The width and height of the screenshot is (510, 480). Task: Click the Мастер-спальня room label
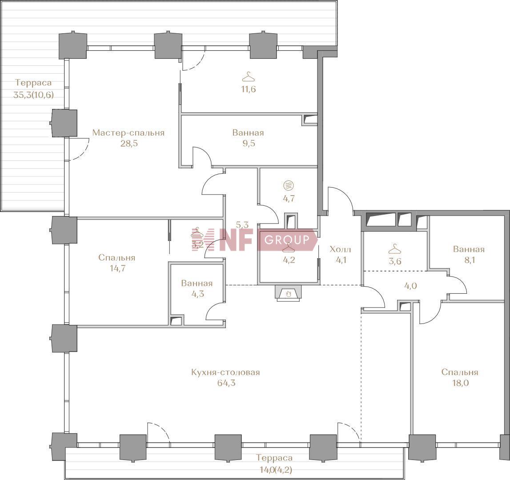coord(129,133)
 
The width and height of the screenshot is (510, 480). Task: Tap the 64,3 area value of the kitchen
coord(226,383)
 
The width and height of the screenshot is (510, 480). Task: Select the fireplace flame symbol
coord(289,294)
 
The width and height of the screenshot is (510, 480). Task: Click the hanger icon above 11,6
coord(249,77)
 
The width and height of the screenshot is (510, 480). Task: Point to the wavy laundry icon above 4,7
coord(289,186)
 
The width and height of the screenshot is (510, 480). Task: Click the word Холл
coord(340,249)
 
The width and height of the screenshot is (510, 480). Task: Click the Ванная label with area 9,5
coord(248,133)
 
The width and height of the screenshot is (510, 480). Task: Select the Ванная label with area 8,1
coord(469,249)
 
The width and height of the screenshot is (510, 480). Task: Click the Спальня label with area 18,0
coord(460,372)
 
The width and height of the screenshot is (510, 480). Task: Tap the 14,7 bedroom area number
coord(118,268)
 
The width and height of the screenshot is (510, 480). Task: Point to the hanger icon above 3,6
coord(394,249)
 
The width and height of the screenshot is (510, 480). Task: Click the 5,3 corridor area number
coord(242,224)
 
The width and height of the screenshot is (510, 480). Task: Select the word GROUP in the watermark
coord(287,240)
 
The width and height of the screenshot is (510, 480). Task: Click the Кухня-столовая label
coord(226,372)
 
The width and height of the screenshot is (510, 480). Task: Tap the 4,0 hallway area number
coord(410,286)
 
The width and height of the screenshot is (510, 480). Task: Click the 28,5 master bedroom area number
coord(129,144)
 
